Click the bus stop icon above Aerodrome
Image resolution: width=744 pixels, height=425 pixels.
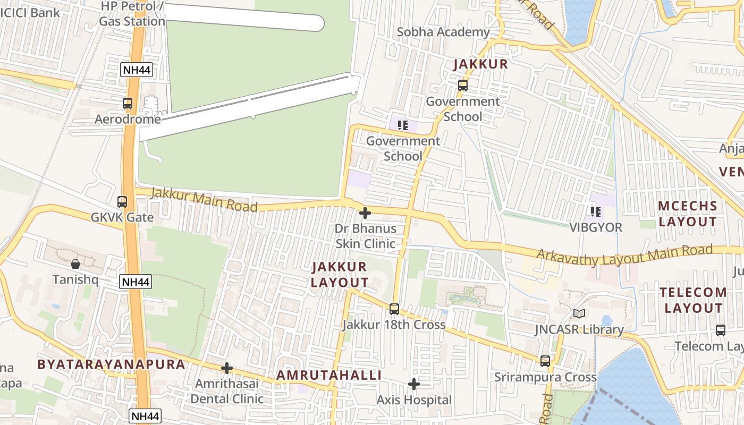click(x=128, y=104)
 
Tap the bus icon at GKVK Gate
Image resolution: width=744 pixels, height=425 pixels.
click(x=122, y=202)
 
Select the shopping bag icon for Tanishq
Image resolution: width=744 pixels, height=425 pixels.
click(x=75, y=264)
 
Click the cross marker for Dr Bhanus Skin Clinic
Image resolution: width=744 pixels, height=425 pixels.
click(x=365, y=214)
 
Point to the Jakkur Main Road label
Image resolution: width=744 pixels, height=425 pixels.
click(x=204, y=200)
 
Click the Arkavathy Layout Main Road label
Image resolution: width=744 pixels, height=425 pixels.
click(x=624, y=256)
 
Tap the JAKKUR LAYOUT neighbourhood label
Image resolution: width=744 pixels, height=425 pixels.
click(x=339, y=275)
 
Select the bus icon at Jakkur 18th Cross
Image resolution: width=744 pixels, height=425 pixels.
click(x=394, y=309)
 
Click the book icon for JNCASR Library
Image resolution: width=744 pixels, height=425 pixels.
click(x=579, y=314)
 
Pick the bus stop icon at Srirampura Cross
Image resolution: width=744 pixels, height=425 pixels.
click(x=545, y=361)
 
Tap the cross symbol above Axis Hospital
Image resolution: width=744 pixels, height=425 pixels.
click(x=414, y=384)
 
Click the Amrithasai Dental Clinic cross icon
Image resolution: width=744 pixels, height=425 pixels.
click(x=227, y=368)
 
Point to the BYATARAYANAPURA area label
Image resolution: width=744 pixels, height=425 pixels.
click(x=111, y=364)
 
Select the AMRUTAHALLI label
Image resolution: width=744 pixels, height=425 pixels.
click(x=329, y=375)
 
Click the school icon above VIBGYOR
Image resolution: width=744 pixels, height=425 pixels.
click(x=596, y=212)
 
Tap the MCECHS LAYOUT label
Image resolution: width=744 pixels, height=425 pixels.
click(x=688, y=214)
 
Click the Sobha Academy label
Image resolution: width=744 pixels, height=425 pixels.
click(x=443, y=32)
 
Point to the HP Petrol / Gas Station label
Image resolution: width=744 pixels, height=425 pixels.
click(x=132, y=14)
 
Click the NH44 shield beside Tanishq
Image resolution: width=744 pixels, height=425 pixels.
click(x=136, y=282)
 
